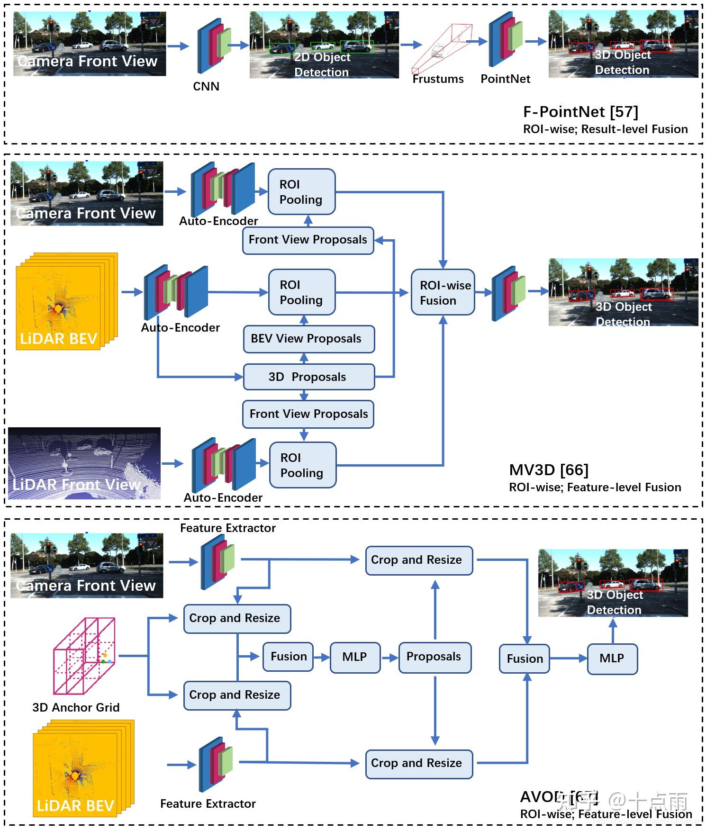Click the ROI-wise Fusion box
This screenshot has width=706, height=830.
coord(443,292)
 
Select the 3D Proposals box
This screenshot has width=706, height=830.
coord(308,377)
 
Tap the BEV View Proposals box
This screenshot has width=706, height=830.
coord(308,339)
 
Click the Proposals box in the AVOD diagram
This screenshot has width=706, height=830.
coord(434,657)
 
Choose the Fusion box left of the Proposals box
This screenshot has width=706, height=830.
coord(288,657)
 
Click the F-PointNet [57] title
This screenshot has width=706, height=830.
coord(580,112)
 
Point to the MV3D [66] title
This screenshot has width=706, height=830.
coord(549,470)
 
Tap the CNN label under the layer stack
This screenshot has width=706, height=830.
coord(206,87)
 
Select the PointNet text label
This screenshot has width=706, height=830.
coord(505,79)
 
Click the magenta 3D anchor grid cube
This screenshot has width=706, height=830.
coord(84,655)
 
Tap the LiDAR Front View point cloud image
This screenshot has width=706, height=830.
coord(84,463)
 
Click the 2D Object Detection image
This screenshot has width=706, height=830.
coord(324,45)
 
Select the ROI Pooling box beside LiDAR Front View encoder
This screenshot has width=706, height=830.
coord(302,465)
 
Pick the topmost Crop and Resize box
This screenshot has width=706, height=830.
coord(419,560)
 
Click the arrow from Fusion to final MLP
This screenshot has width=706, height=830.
coord(568,659)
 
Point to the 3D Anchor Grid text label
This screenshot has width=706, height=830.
coord(76,708)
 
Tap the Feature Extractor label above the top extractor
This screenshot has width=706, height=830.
coord(228,528)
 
